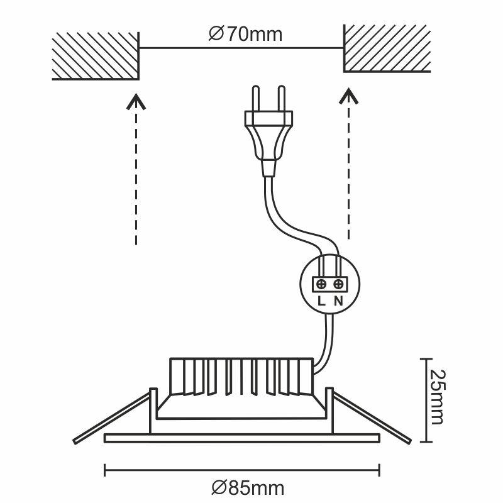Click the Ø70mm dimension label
pos(245,34)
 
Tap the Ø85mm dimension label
pos(248,487)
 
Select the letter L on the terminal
pos(321,300)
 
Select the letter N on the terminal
pos(338,300)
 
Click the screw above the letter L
pos(321,284)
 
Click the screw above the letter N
pos(338,284)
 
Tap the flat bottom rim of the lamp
pos(241,438)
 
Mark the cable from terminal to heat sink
pos(327,340)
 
